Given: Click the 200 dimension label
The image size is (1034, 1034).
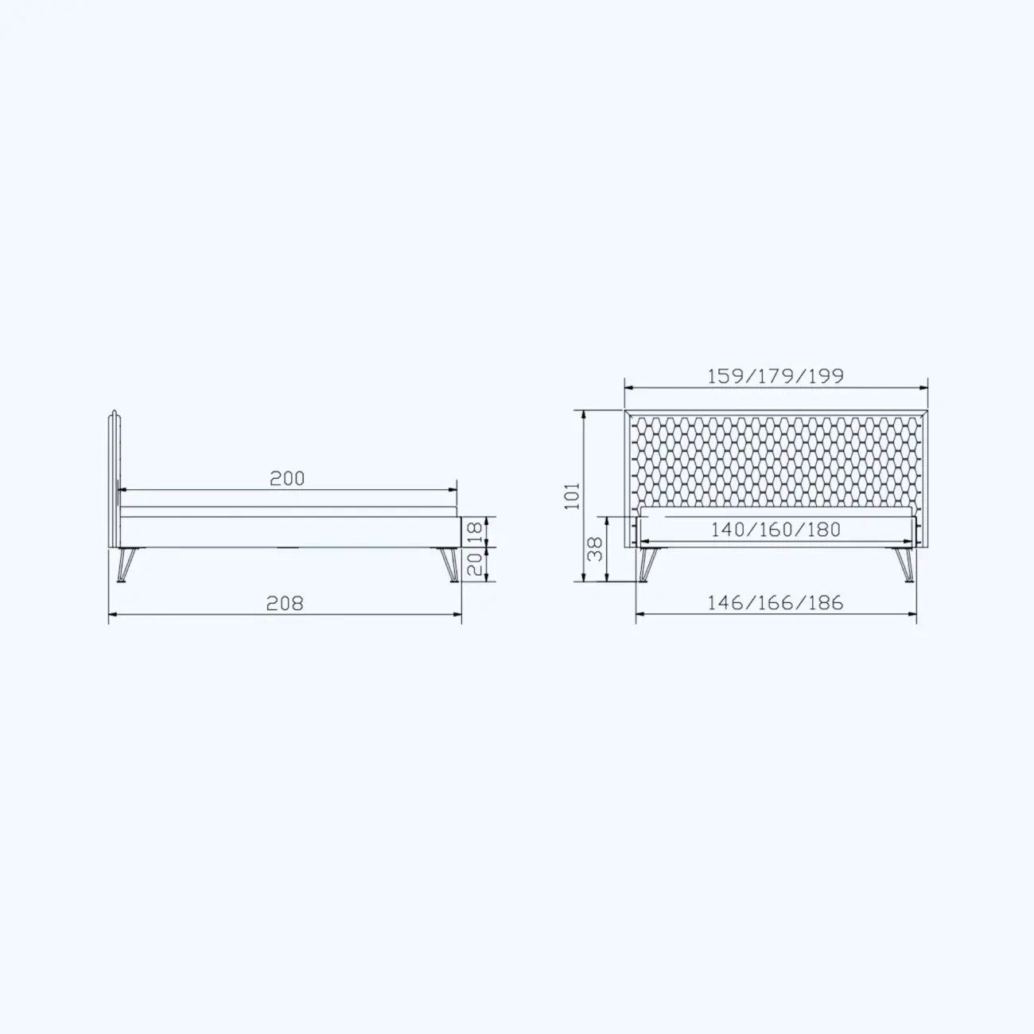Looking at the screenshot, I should (287, 478).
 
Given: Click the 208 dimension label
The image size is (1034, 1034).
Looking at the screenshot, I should (285, 604).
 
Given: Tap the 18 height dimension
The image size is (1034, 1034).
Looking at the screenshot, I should (474, 532).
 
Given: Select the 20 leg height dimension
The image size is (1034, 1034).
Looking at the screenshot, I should (474, 565).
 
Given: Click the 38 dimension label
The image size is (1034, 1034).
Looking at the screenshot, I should (595, 549).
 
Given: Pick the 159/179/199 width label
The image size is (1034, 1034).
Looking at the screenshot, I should (775, 375).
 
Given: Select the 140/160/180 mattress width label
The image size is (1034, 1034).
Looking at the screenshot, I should (775, 529).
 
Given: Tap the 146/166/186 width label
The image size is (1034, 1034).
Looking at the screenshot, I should (775, 603).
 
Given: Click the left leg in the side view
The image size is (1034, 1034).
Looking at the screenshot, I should (124, 565).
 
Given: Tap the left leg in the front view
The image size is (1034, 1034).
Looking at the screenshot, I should (646, 565).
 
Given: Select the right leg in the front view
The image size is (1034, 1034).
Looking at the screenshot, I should (905, 565).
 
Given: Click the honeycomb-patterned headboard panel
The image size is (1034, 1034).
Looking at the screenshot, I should (775, 457).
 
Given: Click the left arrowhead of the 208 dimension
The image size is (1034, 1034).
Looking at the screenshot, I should (112, 615).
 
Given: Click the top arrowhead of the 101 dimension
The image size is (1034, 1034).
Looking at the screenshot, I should (585, 414).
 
